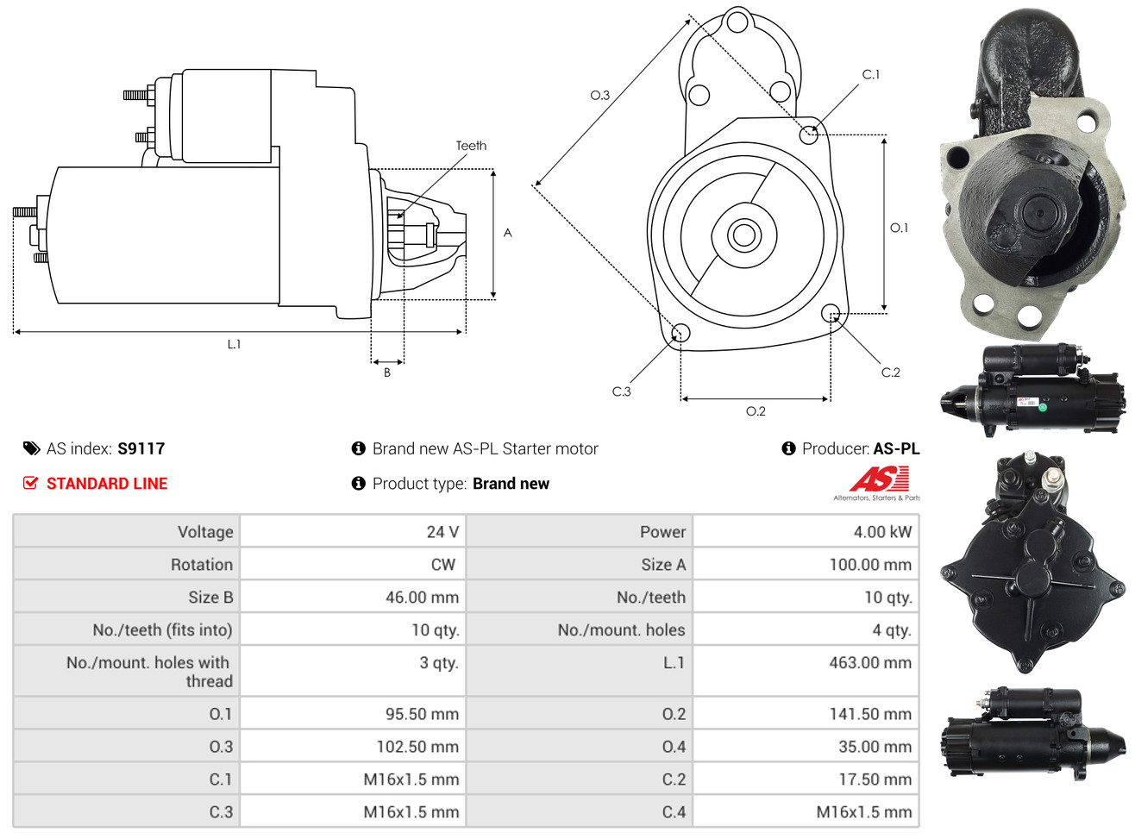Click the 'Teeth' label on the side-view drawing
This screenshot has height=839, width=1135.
pyautogui.click(x=470, y=145)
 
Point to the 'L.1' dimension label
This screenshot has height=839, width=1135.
pyautogui.click(x=234, y=344)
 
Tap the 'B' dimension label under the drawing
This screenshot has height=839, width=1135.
pyautogui.click(x=387, y=373)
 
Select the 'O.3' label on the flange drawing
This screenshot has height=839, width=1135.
pyautogui.click(x=599, y=95)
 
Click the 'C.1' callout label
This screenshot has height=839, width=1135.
pyautogui.click(x=870, y=74)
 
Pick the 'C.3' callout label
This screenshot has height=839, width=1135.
pyautogui.click(x=621, y=391)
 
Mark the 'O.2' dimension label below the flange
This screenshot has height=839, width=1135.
pyautogui.click(x=756, y=410)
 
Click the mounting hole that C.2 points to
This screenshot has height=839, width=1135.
pyautogui.click(x=830, y=313)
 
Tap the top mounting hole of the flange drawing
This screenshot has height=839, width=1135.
pyautogui.click(x=737, y=22)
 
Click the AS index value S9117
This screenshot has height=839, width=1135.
pyautogui.click(x=141, y=448)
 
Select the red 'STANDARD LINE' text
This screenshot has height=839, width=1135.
pyautogui.click(x=107, y=483)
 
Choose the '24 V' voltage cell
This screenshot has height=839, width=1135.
pyautogui.click(x=442, y=531)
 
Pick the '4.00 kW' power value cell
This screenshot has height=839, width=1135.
pyautogui.click(x=882, y=531)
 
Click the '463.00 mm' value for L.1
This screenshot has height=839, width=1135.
pyautogui.click(x=870, y=662)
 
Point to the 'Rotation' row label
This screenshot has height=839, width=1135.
pyautogui.click(x=202, y=564)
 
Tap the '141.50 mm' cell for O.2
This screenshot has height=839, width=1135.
pyautogui.click(x=870, y=713)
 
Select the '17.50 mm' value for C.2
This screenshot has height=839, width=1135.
pyautogui.click(x=875, y=779)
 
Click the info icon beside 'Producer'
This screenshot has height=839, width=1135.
pyautogui.click(x=788, y=448)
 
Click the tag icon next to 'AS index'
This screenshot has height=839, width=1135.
pyautogui.click(x=32, y=448)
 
